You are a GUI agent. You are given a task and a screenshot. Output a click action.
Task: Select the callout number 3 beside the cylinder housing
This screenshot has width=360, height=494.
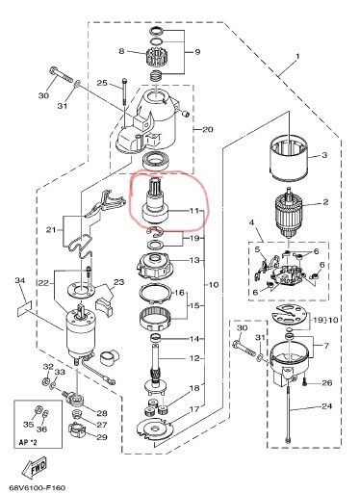coord(325,154)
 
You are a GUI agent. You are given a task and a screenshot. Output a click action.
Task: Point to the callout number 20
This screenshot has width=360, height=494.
coord(206,130)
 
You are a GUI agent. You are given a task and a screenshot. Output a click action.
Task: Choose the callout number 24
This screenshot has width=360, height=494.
coord(325,406)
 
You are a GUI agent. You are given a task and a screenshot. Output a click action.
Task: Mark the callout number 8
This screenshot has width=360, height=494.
coord(121,51)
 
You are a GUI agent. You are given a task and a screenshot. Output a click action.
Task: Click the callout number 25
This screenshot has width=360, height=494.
coord(100,85)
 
